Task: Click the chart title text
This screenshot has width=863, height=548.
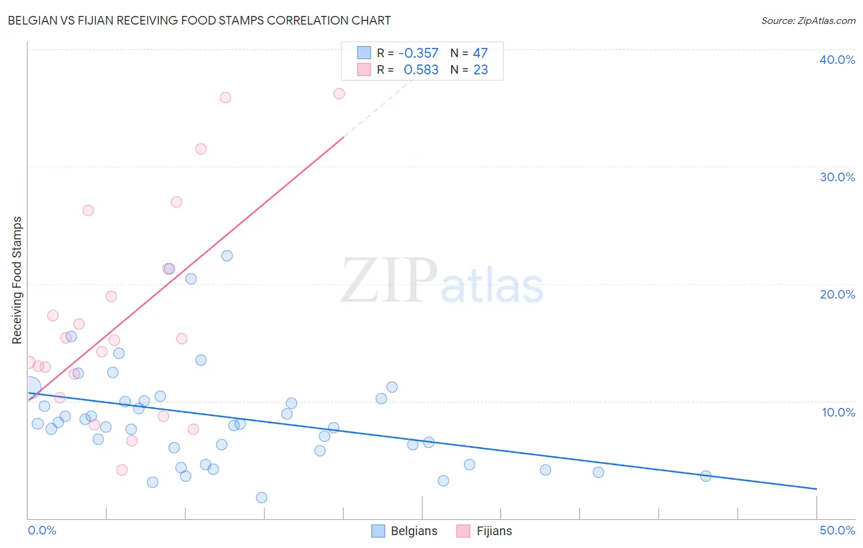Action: click(199, 20)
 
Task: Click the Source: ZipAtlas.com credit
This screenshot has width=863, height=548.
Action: click(808, 21)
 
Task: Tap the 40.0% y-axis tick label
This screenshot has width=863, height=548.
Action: click(837, 60)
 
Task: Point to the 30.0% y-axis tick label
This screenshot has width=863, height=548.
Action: click(837, 177)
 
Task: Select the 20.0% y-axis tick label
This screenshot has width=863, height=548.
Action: click(837, 294)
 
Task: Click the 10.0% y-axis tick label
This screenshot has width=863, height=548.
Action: click(838, 412)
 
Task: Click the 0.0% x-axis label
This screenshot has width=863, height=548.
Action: click(42, 530)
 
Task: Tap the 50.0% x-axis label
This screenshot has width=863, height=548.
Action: click(837, 530)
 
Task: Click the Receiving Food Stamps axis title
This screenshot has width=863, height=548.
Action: click(17, 280)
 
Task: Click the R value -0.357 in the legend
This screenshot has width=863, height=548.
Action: click(418, 53)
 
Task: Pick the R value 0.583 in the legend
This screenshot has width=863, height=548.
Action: click(421, 70)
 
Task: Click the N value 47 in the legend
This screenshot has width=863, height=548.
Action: click(480, 53)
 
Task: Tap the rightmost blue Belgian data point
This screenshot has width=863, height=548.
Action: click(706, 476)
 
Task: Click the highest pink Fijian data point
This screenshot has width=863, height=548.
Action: click(339, 94)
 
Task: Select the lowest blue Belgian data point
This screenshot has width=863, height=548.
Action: click(261, 498)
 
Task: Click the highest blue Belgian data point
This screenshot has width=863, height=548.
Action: click(227, 256)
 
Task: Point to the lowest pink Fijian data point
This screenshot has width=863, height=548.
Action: click(122, 470)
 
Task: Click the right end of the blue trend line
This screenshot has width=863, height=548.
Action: click(816, 489)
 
